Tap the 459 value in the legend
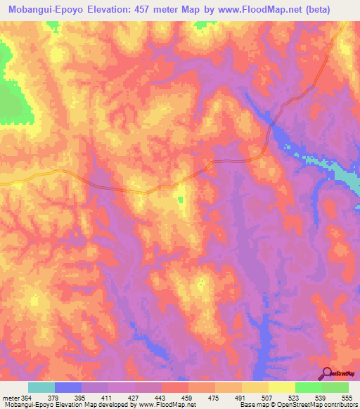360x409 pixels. pyautogui.click(x=188, y=398)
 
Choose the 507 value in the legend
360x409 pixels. pyautogui.click(x=269, y=398)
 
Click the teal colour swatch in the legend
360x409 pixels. pyautogui.click(x=41, y=387)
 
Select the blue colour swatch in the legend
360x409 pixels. pyautogui.click(x=68, y=387)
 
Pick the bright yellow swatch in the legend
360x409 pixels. pyautogui.click(x=282, y=387)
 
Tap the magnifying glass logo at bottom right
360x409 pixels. pyautogui.click(x=327, y=374)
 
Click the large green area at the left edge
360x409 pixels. pyautogui.click(x=14, y=98)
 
